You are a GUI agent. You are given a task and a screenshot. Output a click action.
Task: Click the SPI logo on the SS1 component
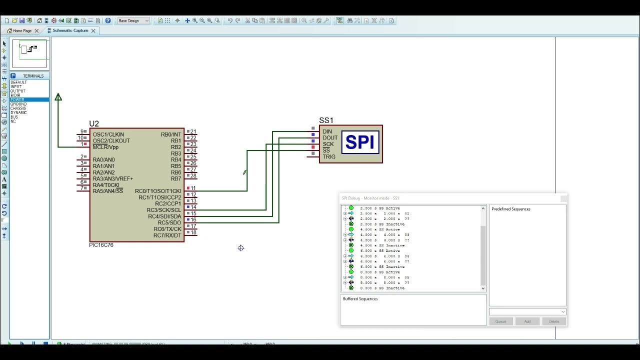click(x=360, y=142)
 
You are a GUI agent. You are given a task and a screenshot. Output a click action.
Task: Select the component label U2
click(x=94, y=123)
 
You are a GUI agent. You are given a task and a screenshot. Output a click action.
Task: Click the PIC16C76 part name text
click(x=101, y=245)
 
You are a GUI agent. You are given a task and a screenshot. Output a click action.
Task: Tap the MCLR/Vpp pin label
click(x=105, y=147)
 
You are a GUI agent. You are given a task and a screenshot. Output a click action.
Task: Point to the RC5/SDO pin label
click(x=169, y=222)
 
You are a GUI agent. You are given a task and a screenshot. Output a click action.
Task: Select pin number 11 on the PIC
click(x=193, y=188)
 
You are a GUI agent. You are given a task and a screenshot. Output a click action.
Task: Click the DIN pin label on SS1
click(x=327, y=131)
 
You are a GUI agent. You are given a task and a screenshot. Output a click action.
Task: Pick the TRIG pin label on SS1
click(x=329, y=156)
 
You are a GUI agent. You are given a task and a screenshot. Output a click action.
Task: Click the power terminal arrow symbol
click(x=58, y=97)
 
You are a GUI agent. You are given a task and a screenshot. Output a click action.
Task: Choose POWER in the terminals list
click(x=17, y=99)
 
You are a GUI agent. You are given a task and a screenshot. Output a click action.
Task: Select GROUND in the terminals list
click(x=18, y=104)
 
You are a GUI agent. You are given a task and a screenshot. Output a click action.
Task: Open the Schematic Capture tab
click(x=70, y=30)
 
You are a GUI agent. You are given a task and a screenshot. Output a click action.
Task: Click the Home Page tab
click(x=22, y=30)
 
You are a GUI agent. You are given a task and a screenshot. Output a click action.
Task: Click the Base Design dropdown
click(x=133, y=20)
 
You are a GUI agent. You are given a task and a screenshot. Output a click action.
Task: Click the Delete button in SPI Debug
click(x=553, y=321)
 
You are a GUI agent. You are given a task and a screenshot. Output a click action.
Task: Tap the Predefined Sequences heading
click(x=510, y=209)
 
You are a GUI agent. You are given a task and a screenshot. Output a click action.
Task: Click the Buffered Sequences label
click(x=360, y=299)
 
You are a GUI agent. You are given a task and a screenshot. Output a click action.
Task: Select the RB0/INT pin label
click(x=170, y=134)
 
